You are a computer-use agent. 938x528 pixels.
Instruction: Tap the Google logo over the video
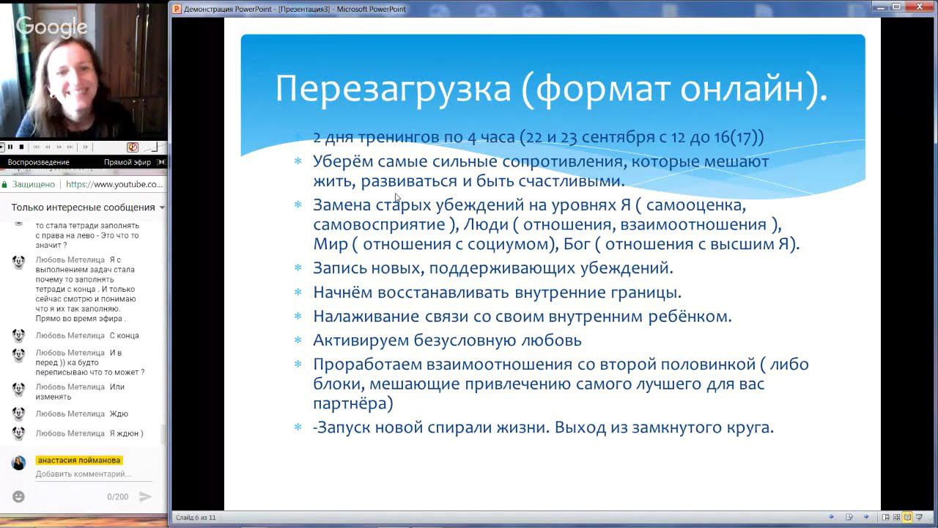click(51, 27)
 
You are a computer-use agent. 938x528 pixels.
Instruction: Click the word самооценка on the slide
click(695, 205)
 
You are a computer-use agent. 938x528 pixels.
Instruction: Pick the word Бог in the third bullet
click(577, 244)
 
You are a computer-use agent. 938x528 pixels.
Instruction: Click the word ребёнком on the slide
click(690, 317)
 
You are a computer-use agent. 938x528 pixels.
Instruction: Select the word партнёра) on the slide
click(352, 403)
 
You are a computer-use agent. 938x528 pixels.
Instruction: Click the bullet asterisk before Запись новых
click(298, 268)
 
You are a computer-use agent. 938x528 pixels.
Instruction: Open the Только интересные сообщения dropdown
click(161, 208)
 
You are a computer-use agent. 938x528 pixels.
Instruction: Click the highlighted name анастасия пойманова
click(78, 461)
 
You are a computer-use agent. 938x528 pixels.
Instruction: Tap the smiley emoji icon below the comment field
click(18, 496)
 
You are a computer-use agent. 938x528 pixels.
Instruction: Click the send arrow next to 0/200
click(145, 496)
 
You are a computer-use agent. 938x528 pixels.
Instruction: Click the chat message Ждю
click(119, 414)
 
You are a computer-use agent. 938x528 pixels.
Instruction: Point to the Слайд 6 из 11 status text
click(196, 518)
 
